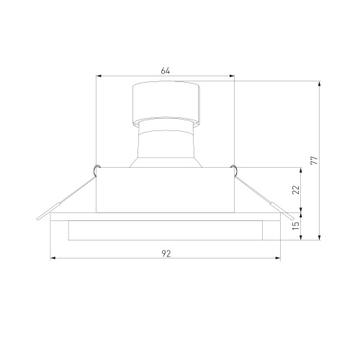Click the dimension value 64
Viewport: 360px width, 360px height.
[x=166, y=71]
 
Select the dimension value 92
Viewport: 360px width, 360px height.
[x=166, y=253]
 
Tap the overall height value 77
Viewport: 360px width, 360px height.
[x=314, y=160]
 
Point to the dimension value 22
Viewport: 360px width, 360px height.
[x=297, y=189]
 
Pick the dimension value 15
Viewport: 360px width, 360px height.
[x=296, y=225]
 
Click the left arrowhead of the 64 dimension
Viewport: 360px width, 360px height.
[x=99, y=76]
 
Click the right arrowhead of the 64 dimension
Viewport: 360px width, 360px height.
[x=232, y=76]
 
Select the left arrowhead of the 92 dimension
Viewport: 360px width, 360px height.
[x=53, y=258]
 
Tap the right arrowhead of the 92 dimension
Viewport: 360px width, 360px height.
[x=277, y=258]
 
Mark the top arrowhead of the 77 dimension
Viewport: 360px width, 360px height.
[x=319, y=84]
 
